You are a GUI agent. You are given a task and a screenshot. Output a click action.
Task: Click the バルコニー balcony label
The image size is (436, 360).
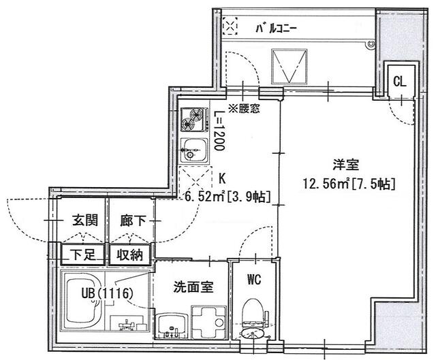click(x=277, y=29)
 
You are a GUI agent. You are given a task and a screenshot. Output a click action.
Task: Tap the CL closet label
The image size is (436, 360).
click(x=400, y=82)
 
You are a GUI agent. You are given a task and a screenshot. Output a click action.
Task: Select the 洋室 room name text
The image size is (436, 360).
click(x=346, y=165)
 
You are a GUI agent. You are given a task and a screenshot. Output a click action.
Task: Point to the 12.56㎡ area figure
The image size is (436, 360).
click(x=326, y=184)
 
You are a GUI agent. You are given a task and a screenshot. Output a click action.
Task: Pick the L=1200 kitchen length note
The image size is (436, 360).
click(x=219, y=131)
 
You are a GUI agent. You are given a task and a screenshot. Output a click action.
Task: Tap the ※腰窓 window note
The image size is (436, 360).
click(x=244, y=109)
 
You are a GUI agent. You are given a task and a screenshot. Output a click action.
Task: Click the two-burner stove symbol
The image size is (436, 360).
click(x=194, y=120)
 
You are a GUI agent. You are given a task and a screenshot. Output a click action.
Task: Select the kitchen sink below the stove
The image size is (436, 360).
click(x=194, y=150)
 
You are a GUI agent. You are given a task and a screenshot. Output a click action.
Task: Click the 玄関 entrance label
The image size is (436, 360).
click(x=84, y=221)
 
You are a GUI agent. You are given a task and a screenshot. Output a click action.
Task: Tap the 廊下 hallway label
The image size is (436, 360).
click(x=133, y=221)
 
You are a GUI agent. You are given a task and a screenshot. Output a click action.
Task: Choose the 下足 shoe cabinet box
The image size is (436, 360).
click(x=83, y=254)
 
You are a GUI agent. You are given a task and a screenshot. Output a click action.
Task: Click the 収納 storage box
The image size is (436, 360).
click(x=130, y=254)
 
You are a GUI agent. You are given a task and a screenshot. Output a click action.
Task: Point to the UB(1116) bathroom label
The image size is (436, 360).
click(x=106, y=293)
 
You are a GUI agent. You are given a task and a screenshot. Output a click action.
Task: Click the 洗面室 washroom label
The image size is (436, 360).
click(x=193, y=287)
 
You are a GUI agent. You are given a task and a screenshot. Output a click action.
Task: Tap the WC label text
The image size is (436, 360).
click(x=254, y=280)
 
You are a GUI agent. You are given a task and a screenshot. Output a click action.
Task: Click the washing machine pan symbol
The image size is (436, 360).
click(x=208, y=322)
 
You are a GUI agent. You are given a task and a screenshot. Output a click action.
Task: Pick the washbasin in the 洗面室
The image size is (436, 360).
click(x=172, y=325)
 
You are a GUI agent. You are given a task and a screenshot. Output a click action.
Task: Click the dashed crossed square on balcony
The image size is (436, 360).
click(x=230, y=26)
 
